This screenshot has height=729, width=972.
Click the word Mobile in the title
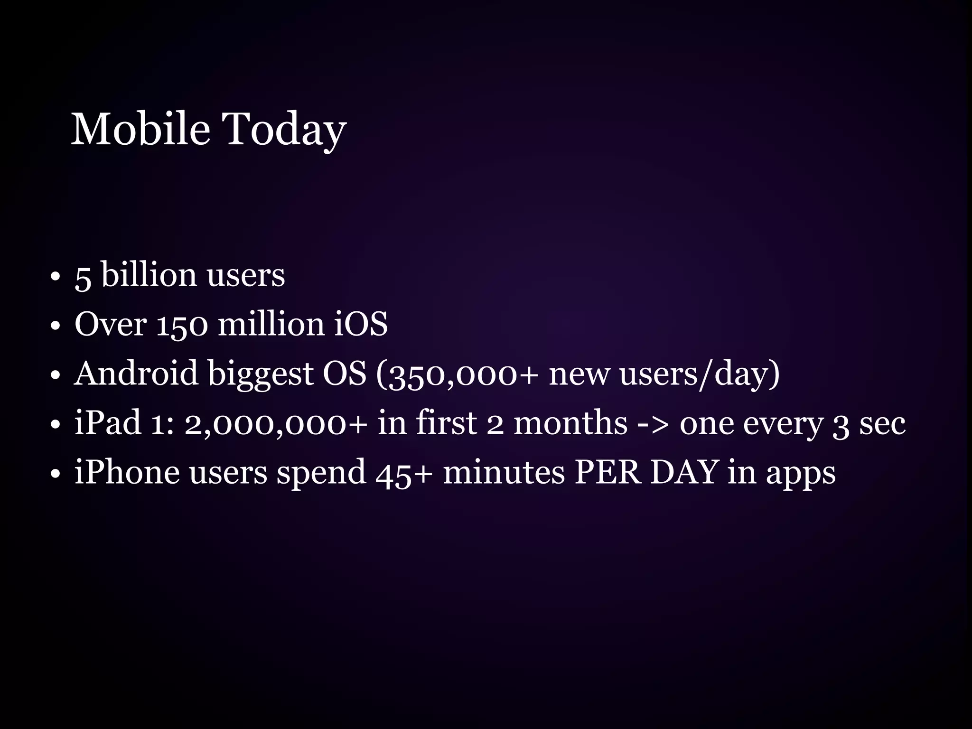pyautogui.click(x=140, y=129)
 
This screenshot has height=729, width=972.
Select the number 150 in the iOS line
pyautogui.click(x=182, y=325)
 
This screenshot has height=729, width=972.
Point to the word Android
pyautogui.click(x=136, y=373)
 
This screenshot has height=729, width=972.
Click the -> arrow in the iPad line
pyautogui.click(x=653, y=423)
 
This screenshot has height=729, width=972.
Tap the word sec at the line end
pyautogui.click(x=882, y=423)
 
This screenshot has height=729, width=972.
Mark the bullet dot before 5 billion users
pyautogui.click(x=56, y=276)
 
